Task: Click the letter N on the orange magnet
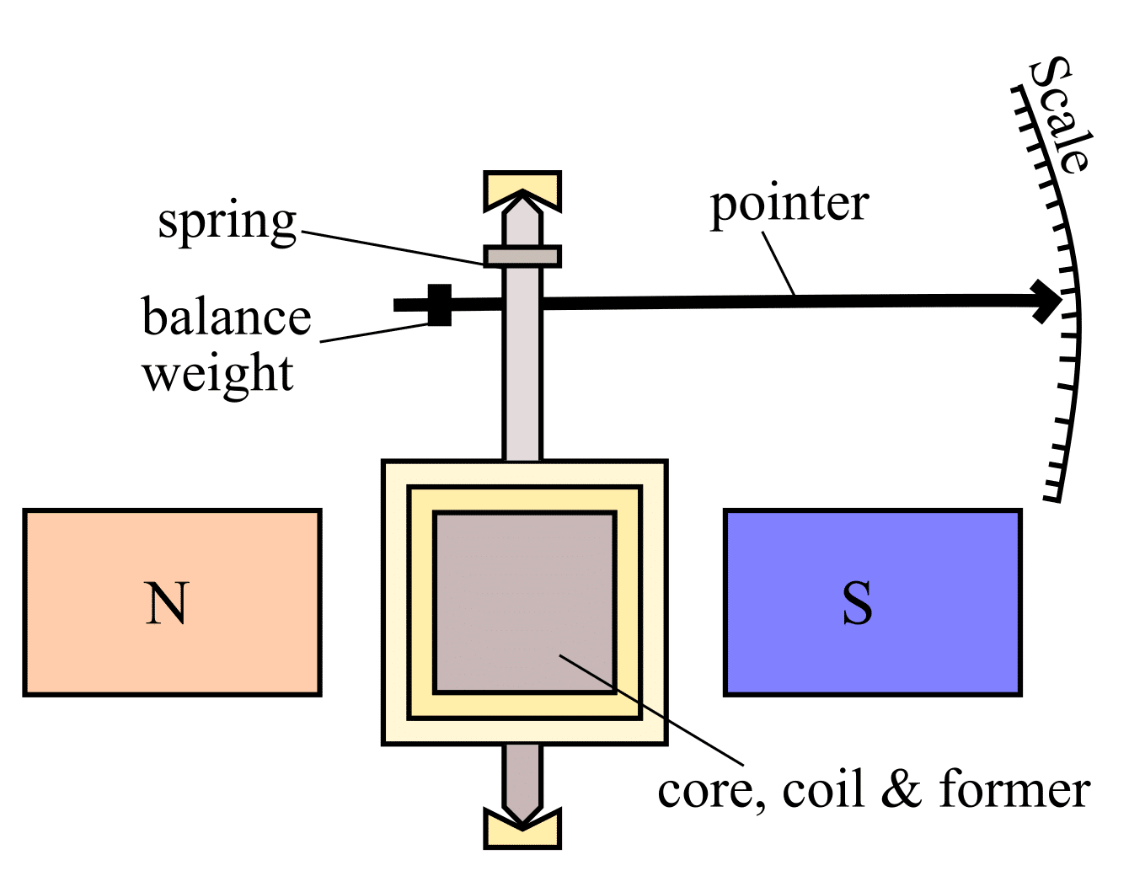(166, 603)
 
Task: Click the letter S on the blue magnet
(857, 603)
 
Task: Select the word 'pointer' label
(789, 206)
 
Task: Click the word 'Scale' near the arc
(1061, 115)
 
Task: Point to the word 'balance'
(227, 318)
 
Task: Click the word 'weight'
(218, 374)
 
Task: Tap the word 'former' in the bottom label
(1014, 790)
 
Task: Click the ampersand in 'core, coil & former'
(902, 790)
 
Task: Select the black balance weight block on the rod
(439, 304)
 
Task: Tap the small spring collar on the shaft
(522, 256)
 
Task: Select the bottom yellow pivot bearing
(522, 831)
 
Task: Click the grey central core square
(524, 601)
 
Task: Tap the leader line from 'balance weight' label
(375, 334)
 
